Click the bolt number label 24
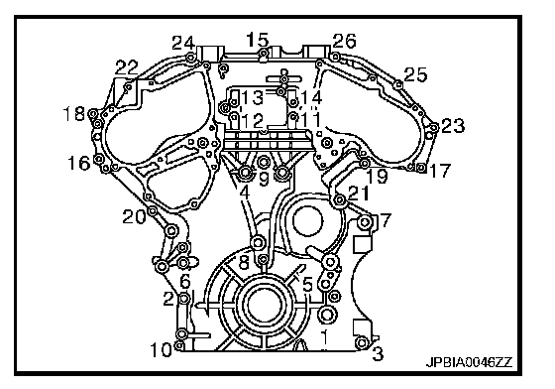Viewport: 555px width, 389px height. (183, 44)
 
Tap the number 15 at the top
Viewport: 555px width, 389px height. (258, 39)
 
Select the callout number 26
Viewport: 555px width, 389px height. (344, 41)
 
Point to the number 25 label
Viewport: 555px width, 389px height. (415, 74)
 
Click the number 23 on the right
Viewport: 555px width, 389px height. (453, 126)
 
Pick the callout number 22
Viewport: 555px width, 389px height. (127, 67)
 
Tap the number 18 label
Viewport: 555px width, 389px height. (74, 114)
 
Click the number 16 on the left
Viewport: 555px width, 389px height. (79, 164)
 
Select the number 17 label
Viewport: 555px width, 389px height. (439, 170)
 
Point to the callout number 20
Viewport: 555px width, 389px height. (134, 216)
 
